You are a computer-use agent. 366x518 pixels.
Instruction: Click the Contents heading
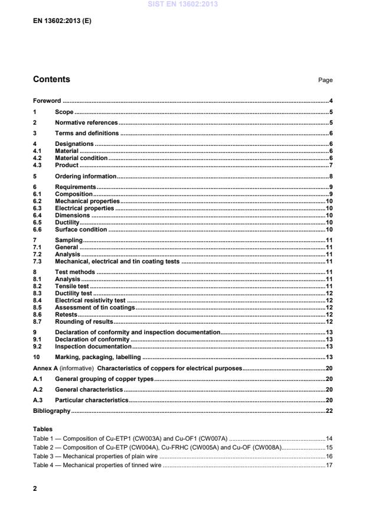pos(51,79)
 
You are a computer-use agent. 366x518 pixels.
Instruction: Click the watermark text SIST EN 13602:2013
pos(183,4)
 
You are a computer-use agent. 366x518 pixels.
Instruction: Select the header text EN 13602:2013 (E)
pos(62,20)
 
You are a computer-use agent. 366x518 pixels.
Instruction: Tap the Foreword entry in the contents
pos(47,101)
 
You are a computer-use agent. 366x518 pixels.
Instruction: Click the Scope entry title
pos(64,112)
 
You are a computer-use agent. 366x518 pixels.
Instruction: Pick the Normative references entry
pos(86,122)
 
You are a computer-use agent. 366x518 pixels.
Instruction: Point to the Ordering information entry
pos(85,176)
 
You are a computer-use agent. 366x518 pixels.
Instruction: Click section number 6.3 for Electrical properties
pos(37,208)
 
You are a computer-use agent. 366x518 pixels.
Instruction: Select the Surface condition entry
pos(81,230)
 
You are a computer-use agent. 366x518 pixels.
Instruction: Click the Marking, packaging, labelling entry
pos(97,357)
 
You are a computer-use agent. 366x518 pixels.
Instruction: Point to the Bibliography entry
pos(51,411)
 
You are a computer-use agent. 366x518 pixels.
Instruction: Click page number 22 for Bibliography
pos(329,411)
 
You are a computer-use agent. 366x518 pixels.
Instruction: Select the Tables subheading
pos(43,429)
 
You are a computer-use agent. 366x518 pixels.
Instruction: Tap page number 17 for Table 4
pos(329,465)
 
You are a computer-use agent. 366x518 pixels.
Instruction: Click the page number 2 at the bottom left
pos(35,489)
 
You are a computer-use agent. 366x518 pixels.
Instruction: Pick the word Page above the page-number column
pos(325,80)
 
